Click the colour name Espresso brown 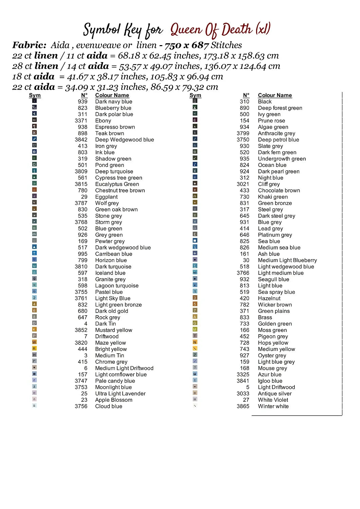coord(115,127)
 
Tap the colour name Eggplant coord(106,197)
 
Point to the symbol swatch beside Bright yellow coord(34,348)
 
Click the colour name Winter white coord(273,406)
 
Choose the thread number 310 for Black coord(245,101)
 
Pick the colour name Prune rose coord(271,121)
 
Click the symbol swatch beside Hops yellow coord(195,342)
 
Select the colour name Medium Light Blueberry coord(287,260)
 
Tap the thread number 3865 coord(243,406)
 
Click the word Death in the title coord(235,30)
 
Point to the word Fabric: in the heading coord(29,45)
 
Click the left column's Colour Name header coord(112,95)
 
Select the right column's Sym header coord(195,95)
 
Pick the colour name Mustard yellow coord(113,330)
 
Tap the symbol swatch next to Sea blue coord(195,241)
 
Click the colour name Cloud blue coord(108,406)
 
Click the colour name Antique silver coord(275,394)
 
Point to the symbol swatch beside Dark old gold coord(34,310)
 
